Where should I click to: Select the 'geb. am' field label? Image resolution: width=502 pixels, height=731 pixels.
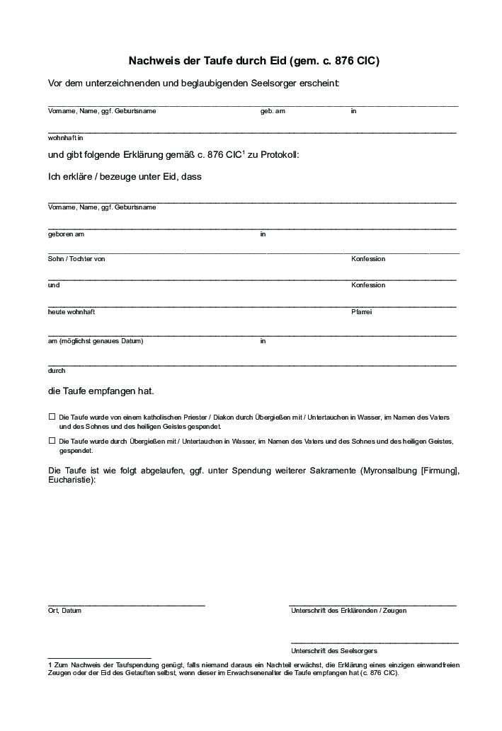pyautogui.click(x=273, y=111)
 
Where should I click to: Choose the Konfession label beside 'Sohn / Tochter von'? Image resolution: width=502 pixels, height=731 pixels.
pyautogui.click(x=368, y=259)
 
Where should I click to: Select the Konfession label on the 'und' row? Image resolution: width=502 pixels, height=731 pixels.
pyautogui.click(x=368, y=285)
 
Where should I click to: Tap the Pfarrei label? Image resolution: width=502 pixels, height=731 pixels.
pyautogui.click(x=362, y=311)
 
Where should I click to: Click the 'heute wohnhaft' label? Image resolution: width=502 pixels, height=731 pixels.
pyautogui.click(x=72, y=311)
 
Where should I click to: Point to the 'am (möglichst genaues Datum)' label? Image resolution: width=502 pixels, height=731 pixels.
pyautogui.click(x=96, y=340)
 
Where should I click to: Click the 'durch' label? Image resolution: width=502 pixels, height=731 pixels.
pyautogui.click(x=57, y=370)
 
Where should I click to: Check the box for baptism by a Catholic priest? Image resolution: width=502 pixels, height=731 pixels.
pyautogui.click(x=51, y=417)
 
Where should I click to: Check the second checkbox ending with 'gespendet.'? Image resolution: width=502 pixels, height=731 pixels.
pyautogui.click(x=51, y=440)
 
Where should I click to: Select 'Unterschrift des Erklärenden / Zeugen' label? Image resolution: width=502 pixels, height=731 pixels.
pyautogui.click(x=348, y=611)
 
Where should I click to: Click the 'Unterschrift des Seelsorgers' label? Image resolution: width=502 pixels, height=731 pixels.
pyautogui.click(x=333, y=650)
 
